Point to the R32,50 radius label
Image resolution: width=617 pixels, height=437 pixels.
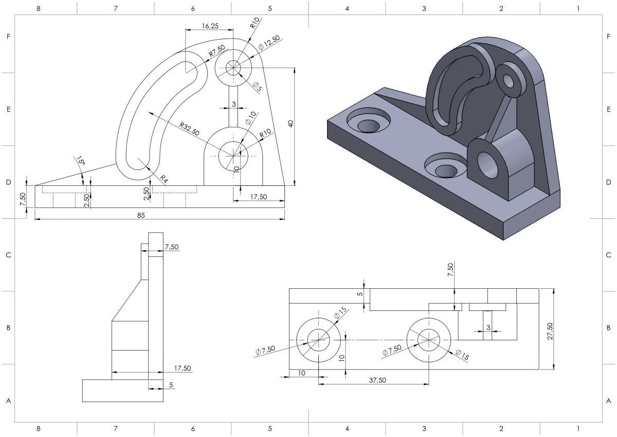pyautogui.click(x=189, y=129)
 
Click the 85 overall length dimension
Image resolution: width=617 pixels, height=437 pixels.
pyautogui.click(x=140, y=215)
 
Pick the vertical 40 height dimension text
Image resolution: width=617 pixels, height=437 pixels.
pyautogui.click(x=291, y=124)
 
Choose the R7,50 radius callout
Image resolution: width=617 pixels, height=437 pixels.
pyautogui.click(x=216, y=51)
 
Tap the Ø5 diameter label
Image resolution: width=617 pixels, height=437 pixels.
pyautogui.click(x=257, y=87)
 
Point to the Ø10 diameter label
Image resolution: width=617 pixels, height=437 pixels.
pyautogui.click(x=250, y=118)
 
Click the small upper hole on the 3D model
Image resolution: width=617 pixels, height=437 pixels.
pyautogui.click(x=510, y=80)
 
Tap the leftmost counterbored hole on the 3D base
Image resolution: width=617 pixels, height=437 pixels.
pyautogui.click(x=368, y=124)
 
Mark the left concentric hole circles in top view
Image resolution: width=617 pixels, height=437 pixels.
pyautogui.click(x=318, y=340)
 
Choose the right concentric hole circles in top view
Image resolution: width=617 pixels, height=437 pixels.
pyautogui.click(x=429, y=340)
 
